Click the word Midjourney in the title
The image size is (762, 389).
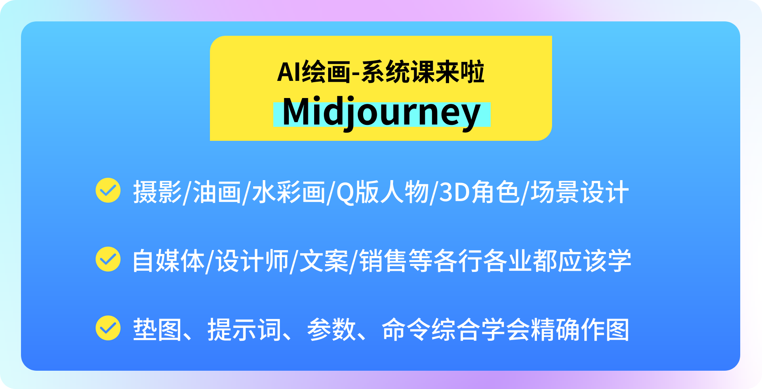(x=381, y=113)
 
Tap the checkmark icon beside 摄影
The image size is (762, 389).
(x=108, y=191)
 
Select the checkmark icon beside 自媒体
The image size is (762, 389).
(x=108, y=259)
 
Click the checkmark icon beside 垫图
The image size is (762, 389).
(x=108, y=328)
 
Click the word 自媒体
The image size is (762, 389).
(x=168, y=261)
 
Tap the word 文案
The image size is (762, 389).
(x=324, y=261)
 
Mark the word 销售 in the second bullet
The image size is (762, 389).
(x=383, y=261)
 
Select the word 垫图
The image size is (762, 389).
(x=157, y=329)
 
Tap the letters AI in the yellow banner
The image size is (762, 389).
(x=288, y=72)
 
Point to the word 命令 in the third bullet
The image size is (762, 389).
(x=406, y=329)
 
